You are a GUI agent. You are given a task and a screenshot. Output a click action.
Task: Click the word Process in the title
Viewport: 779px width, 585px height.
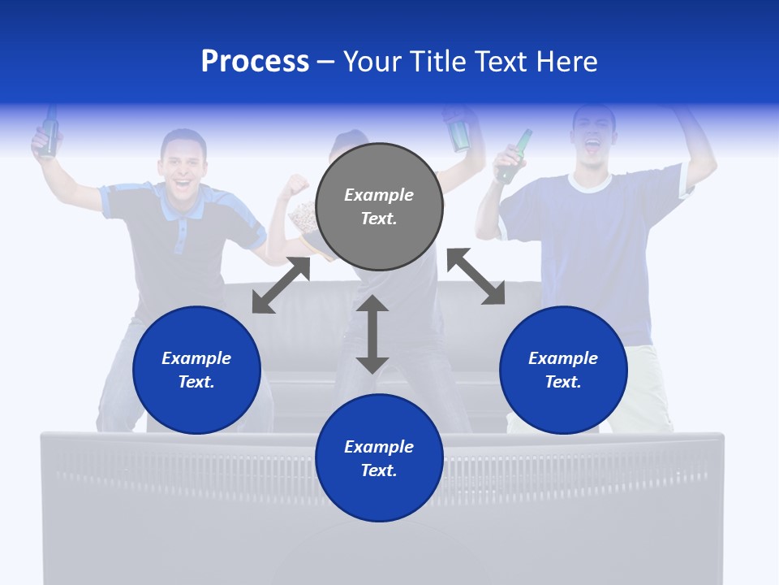coord(255,62)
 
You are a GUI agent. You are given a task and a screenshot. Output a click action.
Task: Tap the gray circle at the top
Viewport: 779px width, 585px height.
coord(379,207)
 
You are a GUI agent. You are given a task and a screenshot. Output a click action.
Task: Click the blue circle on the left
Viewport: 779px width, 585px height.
coord(196,370)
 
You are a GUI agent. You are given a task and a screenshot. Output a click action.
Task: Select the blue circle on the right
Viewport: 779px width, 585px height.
coord(563,370)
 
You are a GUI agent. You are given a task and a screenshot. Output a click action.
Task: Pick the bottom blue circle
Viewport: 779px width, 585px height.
coord(379,458)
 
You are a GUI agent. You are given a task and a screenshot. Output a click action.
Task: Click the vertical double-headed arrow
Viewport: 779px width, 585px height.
coord(372,334)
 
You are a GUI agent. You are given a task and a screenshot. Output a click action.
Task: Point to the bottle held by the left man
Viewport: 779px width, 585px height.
coord(49,132)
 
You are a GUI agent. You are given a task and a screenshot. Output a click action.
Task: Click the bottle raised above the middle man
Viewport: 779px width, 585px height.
coord(459,130)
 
